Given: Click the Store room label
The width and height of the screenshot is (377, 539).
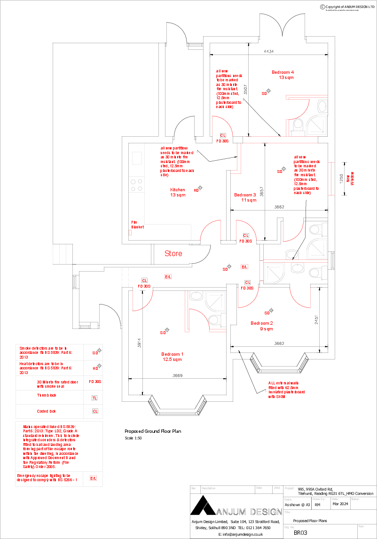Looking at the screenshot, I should (x=173, y=254).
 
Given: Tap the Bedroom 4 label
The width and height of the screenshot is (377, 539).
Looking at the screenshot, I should (x=283, y=72).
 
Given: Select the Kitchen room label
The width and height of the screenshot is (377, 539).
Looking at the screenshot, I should (x=178, y=190).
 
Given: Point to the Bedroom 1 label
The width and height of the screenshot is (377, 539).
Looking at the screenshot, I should (x=173, y=354).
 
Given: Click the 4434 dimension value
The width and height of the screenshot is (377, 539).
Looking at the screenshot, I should (x=269, y=51).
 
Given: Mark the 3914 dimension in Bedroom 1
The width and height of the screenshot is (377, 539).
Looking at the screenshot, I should (x=140, y=344).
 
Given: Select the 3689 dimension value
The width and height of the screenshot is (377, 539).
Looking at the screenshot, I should (x=177, y=375).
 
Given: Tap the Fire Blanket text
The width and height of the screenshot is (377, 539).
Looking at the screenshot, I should (x=137, y=225).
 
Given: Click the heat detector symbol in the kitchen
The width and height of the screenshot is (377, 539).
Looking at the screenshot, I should (x=200, y=187).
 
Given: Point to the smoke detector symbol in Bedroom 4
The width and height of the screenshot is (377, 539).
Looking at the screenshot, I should (x=268, y=91).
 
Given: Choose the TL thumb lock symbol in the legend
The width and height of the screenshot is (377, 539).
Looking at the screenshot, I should (x=95, y=398).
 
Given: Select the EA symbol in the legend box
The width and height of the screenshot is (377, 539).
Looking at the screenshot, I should (x=93, y=478).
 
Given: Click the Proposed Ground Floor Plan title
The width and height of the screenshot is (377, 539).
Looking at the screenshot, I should (x=152, y=431).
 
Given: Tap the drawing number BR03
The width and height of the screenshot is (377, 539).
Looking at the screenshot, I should (x=300, y=533).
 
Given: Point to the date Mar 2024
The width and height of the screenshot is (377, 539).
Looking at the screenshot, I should (x=340, y=504).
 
